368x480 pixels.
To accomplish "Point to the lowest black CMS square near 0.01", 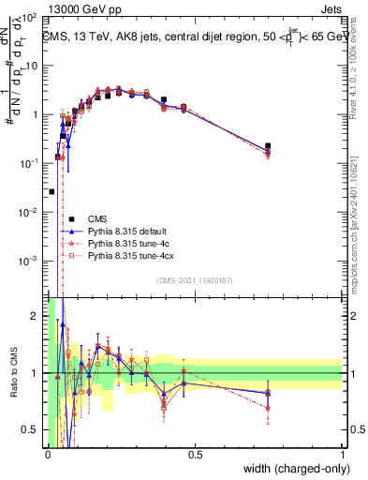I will [52, 191].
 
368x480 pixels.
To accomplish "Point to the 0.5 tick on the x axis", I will [196, 454].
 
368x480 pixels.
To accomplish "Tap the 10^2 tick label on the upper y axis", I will [30, 18].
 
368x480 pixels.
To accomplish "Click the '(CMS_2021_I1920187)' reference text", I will [194, 280].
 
